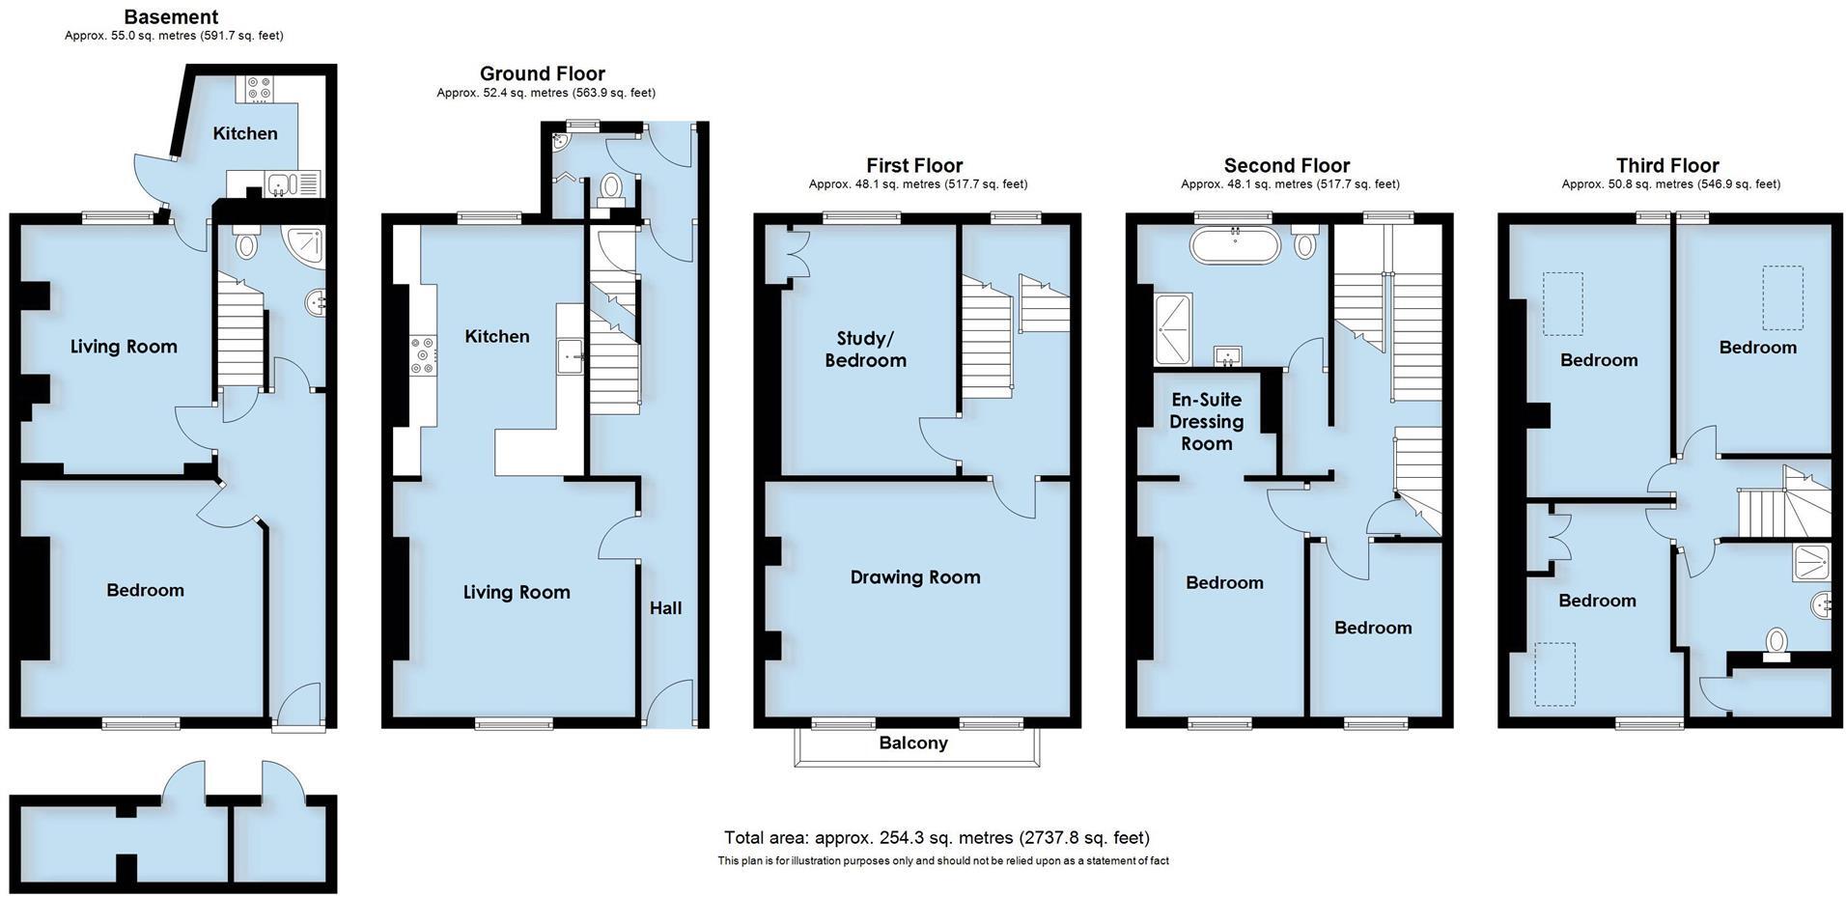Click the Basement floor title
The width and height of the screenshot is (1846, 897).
click(171, 16)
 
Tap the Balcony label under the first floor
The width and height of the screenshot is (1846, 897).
click(912, 743)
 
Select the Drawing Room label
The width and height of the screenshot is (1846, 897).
click(914, 577)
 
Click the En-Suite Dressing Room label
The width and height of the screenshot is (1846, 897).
click(1206, 421)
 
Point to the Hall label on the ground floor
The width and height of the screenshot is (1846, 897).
click(665, 607)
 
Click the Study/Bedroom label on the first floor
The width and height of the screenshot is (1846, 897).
click(865, 349)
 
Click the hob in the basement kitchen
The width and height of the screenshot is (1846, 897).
click(259, 89)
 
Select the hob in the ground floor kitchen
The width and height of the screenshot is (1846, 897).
click(423, 354)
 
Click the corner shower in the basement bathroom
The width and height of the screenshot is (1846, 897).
click(306, 247)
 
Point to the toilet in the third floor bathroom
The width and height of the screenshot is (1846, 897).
click(1776, 643)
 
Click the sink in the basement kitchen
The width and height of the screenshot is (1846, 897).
click(280, 182)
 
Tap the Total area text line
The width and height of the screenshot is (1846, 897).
click(937, 837)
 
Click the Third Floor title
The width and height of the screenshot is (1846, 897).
click(1667, 165)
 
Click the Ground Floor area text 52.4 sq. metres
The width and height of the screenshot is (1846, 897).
click(545, 93)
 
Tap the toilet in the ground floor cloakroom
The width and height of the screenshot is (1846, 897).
click(610, 185)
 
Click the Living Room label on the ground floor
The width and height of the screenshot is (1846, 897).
click(517, 592)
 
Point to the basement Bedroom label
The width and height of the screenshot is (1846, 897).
click(145, 590)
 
